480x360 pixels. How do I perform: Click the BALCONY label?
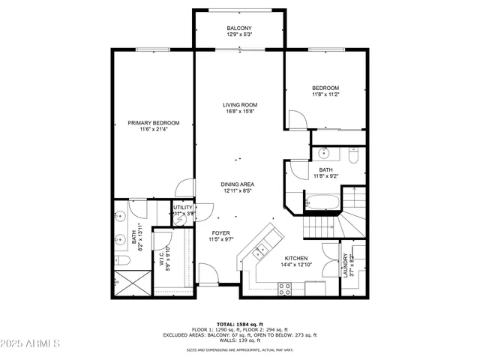coord(239,28)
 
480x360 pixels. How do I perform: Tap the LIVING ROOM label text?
coord(240,105)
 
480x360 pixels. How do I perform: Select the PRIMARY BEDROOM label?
coord(154,123)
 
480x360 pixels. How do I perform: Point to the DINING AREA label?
coord(237,184)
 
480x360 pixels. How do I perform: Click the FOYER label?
coord(220,233)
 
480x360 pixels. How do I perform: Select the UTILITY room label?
coord(183,208)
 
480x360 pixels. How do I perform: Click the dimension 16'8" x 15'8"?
coord(240,112)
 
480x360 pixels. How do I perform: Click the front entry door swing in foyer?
coord(207,274)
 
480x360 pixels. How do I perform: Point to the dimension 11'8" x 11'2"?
coord(326,94)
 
